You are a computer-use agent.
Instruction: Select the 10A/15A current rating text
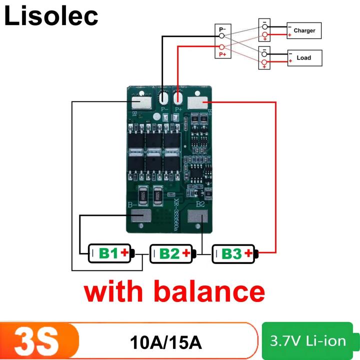(x=165, y=343)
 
